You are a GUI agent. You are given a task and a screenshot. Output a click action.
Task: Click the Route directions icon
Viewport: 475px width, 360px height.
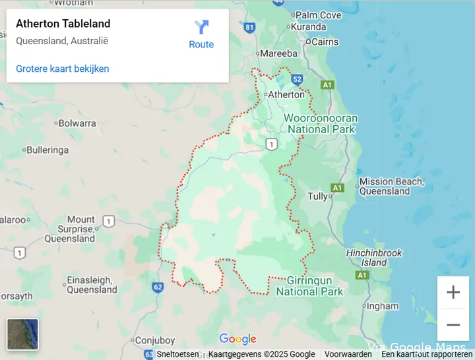[201, 28]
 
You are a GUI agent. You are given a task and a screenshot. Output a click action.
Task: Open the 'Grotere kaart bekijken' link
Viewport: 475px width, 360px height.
[62, 69]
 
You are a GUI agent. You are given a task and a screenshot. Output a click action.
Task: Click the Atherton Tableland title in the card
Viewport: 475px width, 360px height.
[63, 24]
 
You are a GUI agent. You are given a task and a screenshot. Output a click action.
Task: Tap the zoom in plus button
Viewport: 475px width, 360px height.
[453, 292]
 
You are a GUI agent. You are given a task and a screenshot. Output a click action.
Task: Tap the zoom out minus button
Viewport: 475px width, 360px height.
[453, 324]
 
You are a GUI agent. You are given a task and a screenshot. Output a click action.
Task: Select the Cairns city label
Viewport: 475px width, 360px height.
[325, 42]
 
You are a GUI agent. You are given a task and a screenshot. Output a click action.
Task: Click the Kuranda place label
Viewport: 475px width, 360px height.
[308, 27]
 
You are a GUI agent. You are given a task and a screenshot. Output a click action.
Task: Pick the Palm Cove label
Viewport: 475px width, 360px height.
[318, 15]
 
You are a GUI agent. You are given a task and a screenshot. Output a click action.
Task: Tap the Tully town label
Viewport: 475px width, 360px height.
[317, 196]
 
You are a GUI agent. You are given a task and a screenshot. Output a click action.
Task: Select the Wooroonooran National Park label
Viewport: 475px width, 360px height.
[321, 123]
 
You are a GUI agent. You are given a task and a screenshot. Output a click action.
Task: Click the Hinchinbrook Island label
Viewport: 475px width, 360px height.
[374, 257]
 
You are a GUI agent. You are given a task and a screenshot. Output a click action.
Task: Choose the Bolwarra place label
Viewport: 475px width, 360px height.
[77, 123]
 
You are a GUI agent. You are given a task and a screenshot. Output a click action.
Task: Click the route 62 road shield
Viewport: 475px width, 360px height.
[157, 287]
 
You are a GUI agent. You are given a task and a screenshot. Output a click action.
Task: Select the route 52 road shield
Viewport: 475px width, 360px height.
[297, 79]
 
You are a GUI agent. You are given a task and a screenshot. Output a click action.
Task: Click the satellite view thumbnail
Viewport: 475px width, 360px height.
[22, 334]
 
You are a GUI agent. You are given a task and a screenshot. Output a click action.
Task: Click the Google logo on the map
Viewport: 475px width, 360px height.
[237, 340]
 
